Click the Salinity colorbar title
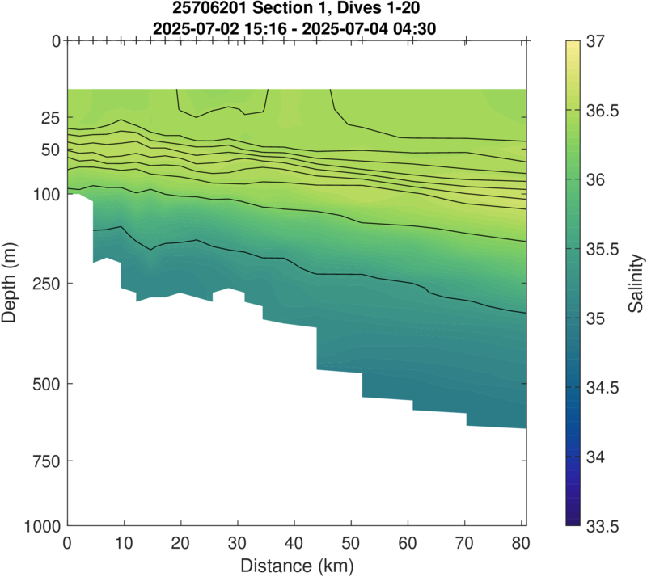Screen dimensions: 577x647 click(x=637, y=283)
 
